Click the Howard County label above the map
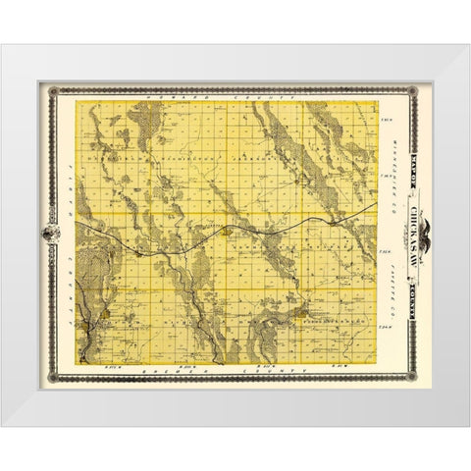click(x=235, y=99)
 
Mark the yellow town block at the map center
click(x=228, y=233)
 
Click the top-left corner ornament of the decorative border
click(x=55, y=91)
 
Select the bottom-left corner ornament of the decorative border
click(x=55, y=380)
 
